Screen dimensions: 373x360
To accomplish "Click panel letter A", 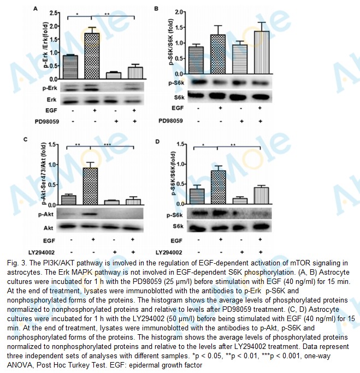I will click(36, 9).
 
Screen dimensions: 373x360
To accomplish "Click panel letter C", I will click(34, 140).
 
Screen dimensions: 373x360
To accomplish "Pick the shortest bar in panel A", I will click(113, 75).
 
